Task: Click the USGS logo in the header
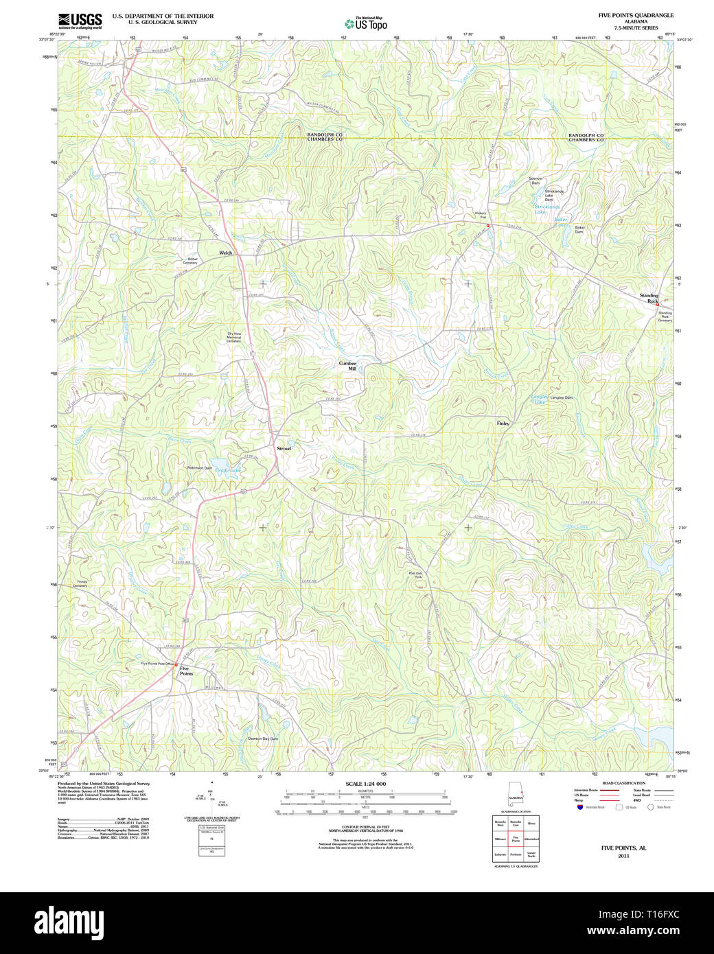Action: coord(80,20)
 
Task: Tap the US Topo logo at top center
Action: coord(366,24)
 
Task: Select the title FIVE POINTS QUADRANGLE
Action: coord(635,15)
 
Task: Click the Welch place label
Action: coord(225,253)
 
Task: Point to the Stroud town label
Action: coord(284,448)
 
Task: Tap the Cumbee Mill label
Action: coord(348,366)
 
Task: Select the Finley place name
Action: coord(503,423)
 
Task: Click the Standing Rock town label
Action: coord(649,299)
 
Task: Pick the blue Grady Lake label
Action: coord(228,470)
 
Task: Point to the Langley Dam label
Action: coord(561,397)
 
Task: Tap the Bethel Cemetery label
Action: coord(189,261)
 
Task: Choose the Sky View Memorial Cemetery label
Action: coord(234,337)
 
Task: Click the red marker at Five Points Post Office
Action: coord(176,664)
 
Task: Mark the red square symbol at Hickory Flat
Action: coord(488,225)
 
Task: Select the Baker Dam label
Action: coord(579,229)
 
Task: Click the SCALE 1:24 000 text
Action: coord(365,784)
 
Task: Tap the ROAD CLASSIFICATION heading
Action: coord(623,783)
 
